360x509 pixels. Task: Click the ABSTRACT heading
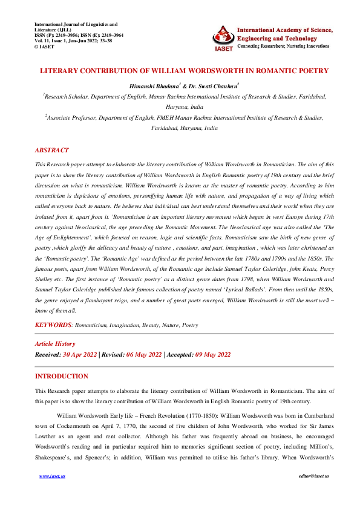pyautogui.click(x=51, y=150)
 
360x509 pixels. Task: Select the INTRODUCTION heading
pyautogui.click(x=62, y=376)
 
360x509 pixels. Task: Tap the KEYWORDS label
pyautogui.click(x=54, y=325)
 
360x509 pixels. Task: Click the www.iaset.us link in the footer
pyautogui.click(x=52, y=494)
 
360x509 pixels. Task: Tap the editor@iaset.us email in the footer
pyautogui.click(x=308, y=494)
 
